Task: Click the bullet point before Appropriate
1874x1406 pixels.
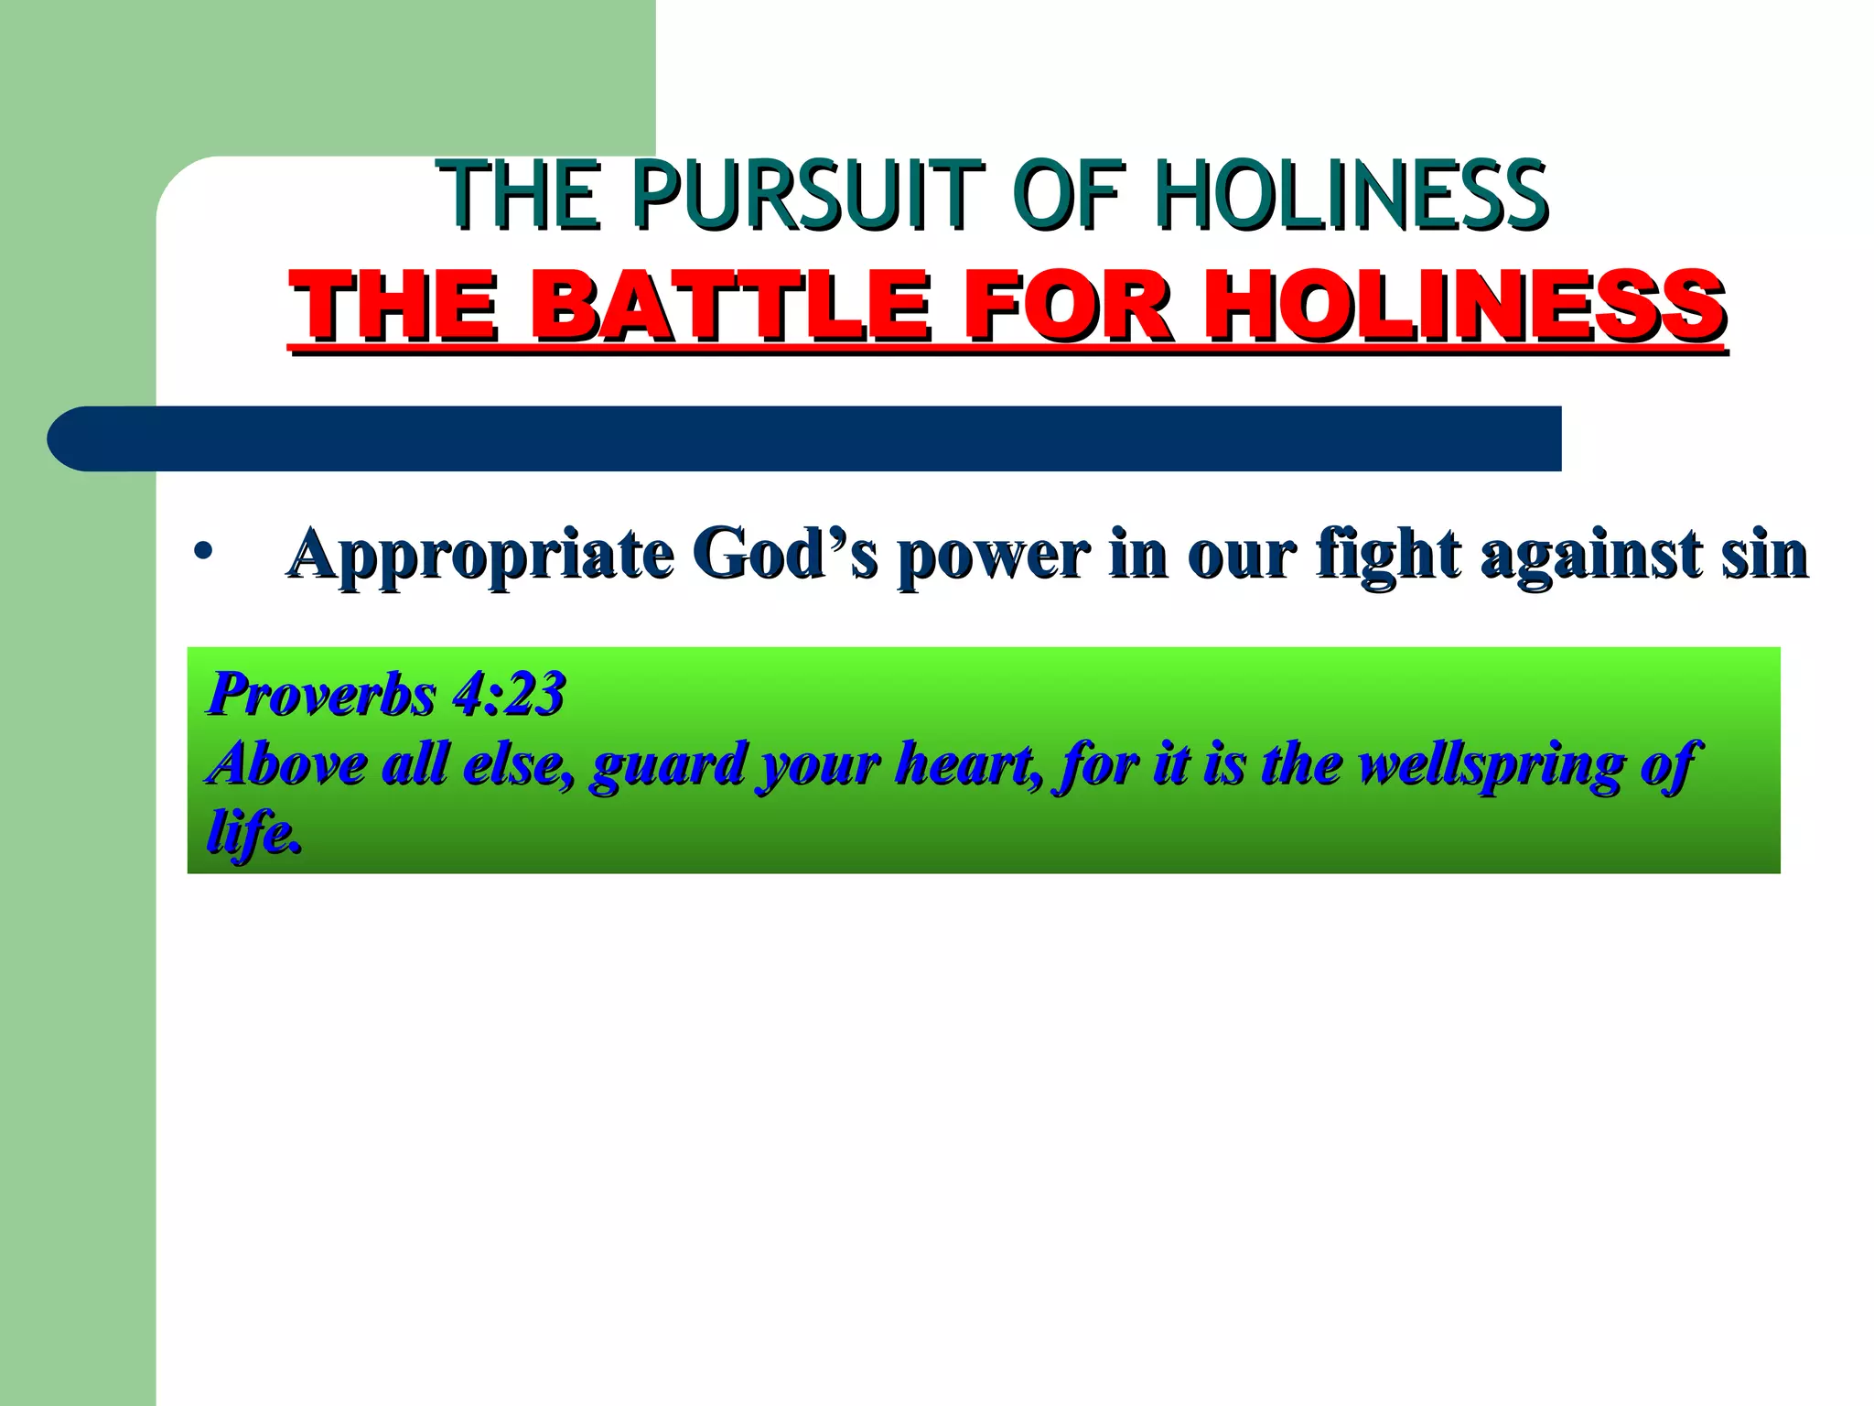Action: coord(203,554)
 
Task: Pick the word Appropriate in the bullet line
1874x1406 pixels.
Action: coord(481,556)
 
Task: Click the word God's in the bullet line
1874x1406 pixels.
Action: coord(785,554)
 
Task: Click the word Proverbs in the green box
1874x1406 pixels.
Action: coord(322,694)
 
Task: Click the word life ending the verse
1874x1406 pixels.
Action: coord(253,833)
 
